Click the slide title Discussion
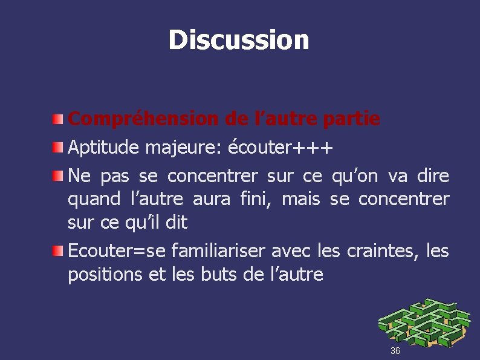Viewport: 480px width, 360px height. (x=239, y=40)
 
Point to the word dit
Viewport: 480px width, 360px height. (x=176, y=222)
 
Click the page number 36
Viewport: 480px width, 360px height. (x=395, y=351)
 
